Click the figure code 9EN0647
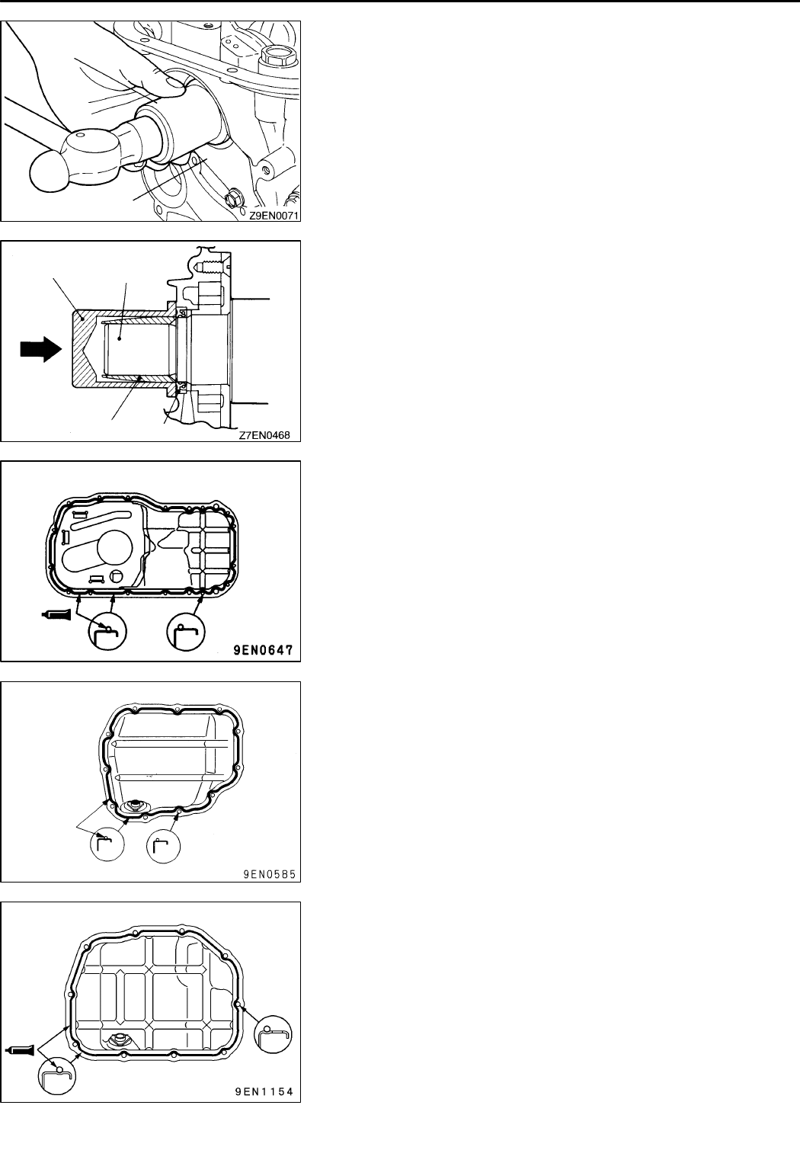point(266,652)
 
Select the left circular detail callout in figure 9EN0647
point(107,632)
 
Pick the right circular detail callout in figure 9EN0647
point(187,632)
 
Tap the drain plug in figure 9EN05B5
point(136,805)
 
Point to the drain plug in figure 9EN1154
point(120,1039)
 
